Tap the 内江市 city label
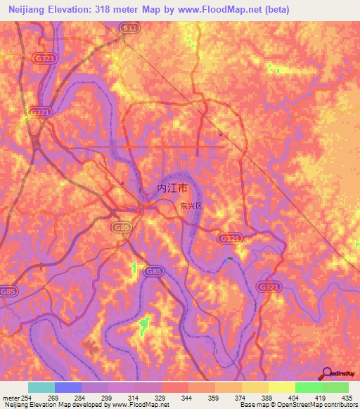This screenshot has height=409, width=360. tap(172, 188)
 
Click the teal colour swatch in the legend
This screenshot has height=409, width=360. tap(41, 387)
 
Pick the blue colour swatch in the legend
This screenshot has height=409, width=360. tap(67, 387)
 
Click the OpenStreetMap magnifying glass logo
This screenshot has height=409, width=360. tap(326, 372)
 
